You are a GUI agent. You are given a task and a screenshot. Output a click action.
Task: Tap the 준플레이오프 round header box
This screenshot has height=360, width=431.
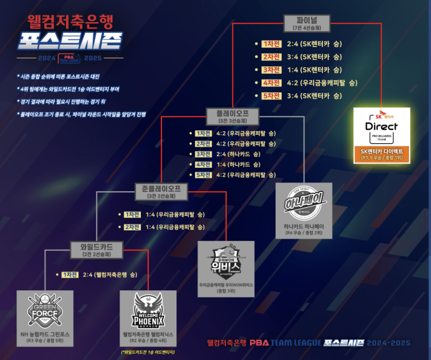[x=162, y=191]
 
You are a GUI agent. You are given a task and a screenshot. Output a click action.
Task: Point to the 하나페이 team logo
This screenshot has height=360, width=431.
[x=304, y=202]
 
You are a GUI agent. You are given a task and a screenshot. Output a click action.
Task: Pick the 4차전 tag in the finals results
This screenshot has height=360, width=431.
[x=271, y=83]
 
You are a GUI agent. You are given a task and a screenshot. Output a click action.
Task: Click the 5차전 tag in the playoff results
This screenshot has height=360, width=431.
[x=203, y=175]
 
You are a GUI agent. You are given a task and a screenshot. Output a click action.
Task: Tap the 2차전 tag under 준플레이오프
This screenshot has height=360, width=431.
[x=132, y=227]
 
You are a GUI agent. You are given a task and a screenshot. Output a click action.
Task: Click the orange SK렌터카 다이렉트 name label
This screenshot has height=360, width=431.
[x=382, y=154]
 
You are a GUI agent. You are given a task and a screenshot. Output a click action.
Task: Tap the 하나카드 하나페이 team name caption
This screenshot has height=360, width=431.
[x=304, y=226]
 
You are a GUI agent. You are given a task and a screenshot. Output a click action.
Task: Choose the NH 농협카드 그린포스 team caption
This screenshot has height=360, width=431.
[x=45, y=334]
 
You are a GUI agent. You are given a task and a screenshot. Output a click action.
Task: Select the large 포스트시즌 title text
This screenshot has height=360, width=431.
[x=70, y=41]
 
